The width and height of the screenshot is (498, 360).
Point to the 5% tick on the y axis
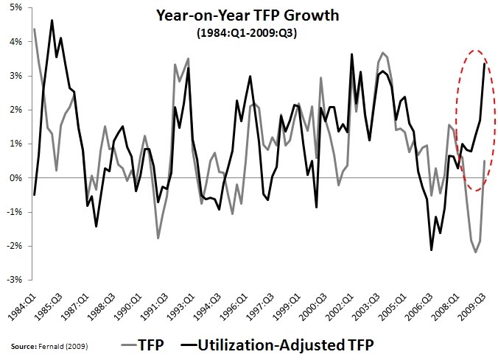pyautogui.click(x=16, y=7)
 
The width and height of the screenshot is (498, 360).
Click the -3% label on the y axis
pyautogui.click(x=15, y=280)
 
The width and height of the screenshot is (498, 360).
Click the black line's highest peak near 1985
pyautogui.click(x=52, y=21)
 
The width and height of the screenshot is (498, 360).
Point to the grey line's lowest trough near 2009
pyautogui.click(x=476, y=253)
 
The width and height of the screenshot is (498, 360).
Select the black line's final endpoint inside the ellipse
pyautogui.click(x=484, y=64)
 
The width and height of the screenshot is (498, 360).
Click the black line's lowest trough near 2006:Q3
pyautogui.click(x=432, y=250)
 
